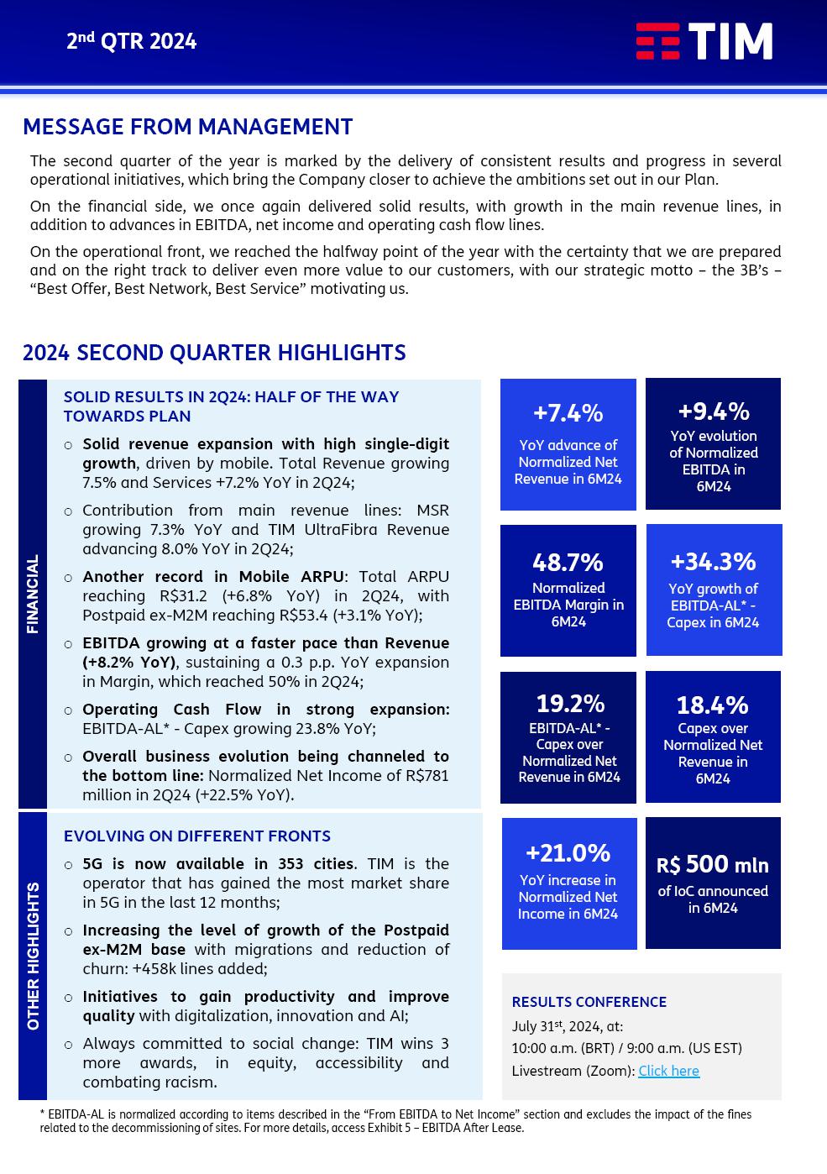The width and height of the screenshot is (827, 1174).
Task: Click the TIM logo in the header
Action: (704, 41)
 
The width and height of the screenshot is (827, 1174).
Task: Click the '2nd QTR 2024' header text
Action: (132, 41)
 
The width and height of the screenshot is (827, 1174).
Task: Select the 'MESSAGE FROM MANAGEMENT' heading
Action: (187, 127)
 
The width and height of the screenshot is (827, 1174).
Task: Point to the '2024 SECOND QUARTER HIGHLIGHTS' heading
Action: (214, 353)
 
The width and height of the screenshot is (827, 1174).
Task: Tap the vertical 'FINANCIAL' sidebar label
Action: (33, 594)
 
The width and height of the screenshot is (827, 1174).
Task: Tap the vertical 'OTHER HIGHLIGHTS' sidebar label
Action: (33, 956)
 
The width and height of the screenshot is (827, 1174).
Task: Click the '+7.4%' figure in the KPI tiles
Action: (568, 413)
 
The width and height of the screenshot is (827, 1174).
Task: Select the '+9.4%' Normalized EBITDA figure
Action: (713, 411)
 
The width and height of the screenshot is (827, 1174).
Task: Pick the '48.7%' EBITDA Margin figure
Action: (568, 562)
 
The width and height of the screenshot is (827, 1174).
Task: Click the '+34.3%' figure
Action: (713, 561)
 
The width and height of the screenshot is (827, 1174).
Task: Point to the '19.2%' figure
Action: (570, 703)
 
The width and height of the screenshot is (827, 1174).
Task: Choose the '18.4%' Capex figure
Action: (713, 705)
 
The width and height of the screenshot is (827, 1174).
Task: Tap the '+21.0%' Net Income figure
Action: (568, 853)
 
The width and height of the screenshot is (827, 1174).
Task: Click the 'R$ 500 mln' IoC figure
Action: (713, 864)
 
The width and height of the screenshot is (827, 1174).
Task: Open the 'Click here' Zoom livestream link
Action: (668, 1071)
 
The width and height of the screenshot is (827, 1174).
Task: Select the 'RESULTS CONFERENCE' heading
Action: (589, 1002)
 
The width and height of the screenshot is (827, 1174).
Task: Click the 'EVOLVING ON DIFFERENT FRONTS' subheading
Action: (197, 836)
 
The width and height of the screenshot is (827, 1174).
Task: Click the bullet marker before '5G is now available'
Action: (69, 865)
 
